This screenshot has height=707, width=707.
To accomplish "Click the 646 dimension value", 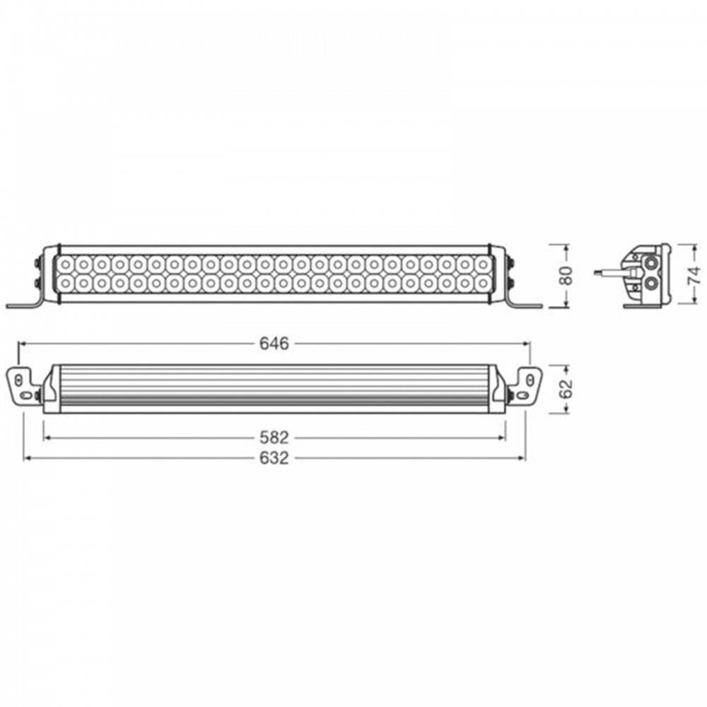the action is pyautogui.click(x=274, y=344).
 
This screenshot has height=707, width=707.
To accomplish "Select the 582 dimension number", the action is pyautogui.click(x=274, y=438).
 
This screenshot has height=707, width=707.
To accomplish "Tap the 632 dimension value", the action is pyautogui.click(x=274, y=458).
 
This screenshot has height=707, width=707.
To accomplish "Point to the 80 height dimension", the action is pyautogui.click(x=567, y=276).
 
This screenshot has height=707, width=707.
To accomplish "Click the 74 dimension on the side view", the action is pyautogui.click(x=694, y=275).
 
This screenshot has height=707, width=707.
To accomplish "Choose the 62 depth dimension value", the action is pyautogui.click(x=567, y=389).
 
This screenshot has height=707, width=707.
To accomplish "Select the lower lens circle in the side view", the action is pyautogui.click(x=650, y=284).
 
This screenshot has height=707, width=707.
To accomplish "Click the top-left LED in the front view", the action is pyautogui.click(x=66, y=264).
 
